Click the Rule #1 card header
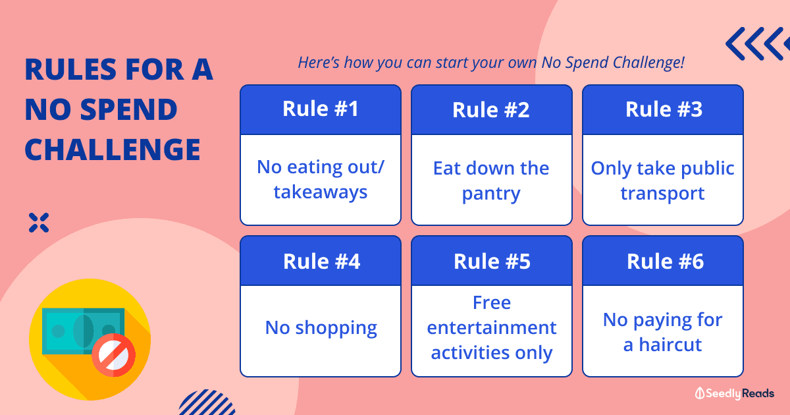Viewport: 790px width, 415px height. tap(321, 109)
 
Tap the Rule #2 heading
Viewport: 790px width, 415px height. tap(491, 110)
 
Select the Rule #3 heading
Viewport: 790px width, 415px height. tap(664, 109)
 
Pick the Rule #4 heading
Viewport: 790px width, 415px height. tap(321, 262)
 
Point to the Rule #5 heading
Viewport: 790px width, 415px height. tap(492, 262)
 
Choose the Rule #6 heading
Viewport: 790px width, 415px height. tap(665, 262)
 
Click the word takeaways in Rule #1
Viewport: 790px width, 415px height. tap(321, 192)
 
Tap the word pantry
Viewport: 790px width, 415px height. tap(491, 194)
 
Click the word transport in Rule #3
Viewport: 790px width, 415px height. tap(663, 194)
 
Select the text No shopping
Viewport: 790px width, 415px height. tap(321, 328)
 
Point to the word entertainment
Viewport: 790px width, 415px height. tap(492, 328)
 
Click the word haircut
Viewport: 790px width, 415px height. tap(670, 345)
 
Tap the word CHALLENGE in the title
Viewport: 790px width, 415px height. tap(113, 150)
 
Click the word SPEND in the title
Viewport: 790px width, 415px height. tap(129, 109)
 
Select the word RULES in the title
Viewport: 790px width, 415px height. tap(70, 69)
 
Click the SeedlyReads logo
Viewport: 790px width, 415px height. tap(734, 393)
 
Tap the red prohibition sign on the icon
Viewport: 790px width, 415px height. tap(113, 355)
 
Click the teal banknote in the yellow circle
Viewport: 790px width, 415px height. tap(83, 331)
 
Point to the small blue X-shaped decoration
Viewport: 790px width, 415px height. tap(39, 223)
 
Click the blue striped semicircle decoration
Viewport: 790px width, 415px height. tap(207, 402)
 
